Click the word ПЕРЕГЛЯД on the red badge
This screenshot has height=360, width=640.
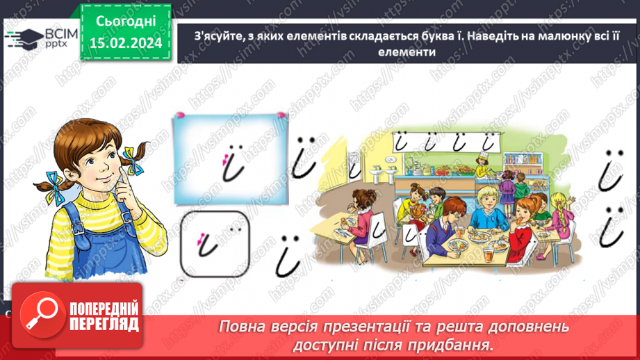[x=103, y=324]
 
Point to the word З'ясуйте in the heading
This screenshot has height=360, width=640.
[x=207, y=38]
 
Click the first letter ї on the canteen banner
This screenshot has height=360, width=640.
[x=402, y=142]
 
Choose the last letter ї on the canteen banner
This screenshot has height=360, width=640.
[x=490, y=142]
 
